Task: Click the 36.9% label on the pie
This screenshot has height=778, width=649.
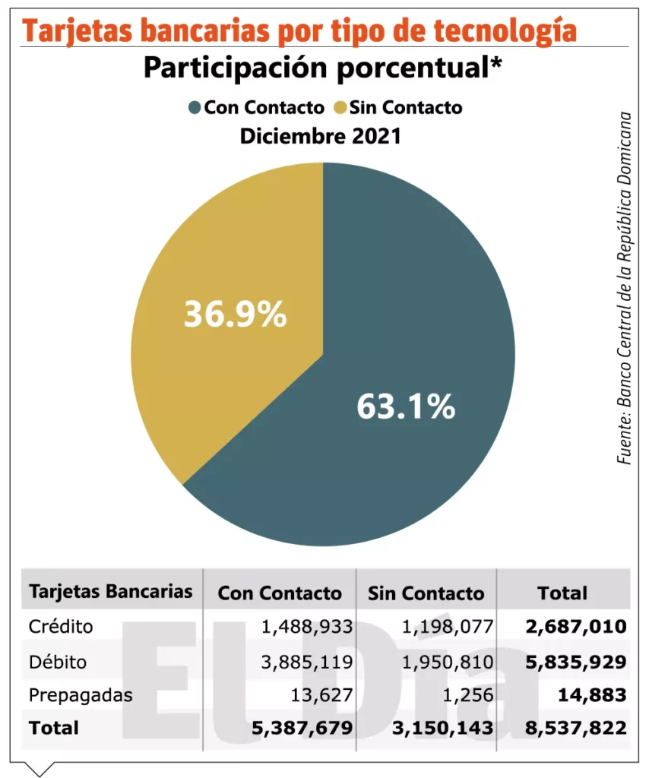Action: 236,314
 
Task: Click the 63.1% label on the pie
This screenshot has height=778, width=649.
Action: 406,408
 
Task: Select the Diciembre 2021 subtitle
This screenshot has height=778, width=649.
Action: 321,138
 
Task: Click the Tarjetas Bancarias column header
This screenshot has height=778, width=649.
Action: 111,592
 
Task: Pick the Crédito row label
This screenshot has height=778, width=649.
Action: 61,627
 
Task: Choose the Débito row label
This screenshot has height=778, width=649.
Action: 58,661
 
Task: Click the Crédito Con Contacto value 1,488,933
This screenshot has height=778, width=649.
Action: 307,627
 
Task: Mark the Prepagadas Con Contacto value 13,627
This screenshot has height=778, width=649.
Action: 322,694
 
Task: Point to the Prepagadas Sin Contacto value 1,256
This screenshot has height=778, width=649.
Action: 471,694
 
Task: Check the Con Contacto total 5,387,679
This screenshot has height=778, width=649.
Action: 302,728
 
